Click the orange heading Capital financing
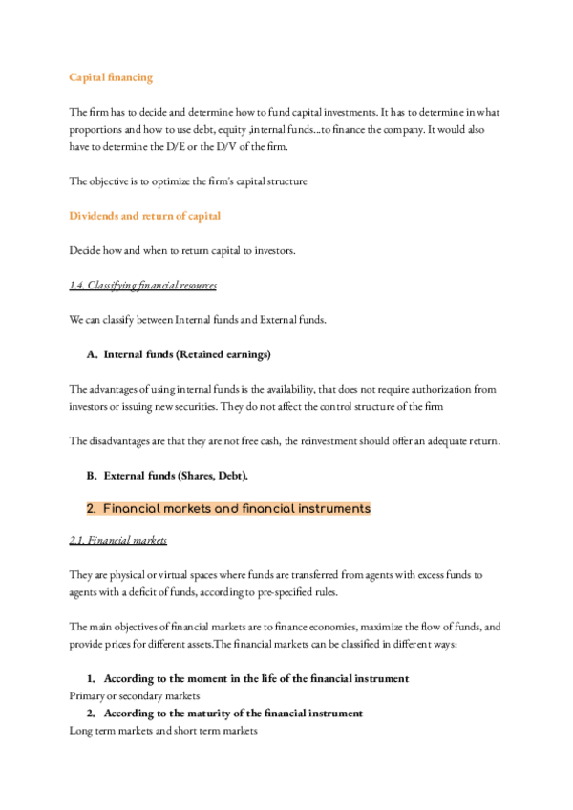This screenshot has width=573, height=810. point(111,76)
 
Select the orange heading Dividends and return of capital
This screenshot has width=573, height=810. point(145,215)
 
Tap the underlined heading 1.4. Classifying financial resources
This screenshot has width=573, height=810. point(143,285)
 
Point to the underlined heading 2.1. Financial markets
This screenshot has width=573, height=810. point(118,541)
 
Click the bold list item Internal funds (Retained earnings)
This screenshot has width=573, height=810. point(187,354)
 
